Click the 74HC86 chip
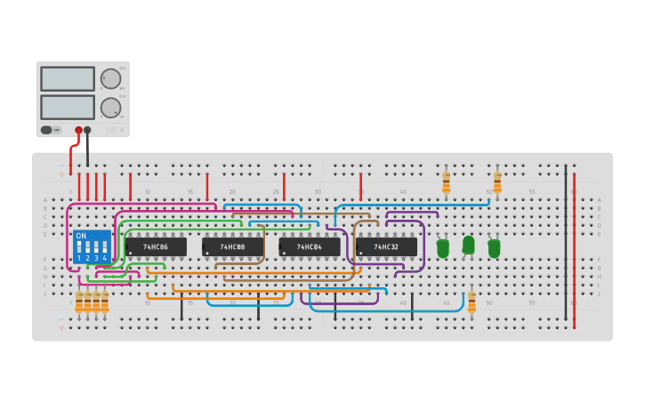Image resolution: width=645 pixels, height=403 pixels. [156, 246]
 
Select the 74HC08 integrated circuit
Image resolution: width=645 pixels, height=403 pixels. [233, 246]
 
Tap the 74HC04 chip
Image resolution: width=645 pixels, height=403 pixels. [310, 246]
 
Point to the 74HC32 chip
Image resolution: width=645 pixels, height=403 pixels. [386, 246]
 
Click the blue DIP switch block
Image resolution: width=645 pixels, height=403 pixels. [93, 246]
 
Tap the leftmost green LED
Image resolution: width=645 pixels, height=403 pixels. [442, 248]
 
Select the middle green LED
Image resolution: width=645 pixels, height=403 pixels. [468, 245]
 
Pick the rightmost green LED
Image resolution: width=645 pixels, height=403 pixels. [494, 248]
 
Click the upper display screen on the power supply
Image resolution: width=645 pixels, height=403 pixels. [67, 78]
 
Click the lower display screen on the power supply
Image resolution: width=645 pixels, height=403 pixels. [67, 107]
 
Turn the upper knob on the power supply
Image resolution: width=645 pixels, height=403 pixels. [110, 78]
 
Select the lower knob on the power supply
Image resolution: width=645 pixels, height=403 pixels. [110, 108]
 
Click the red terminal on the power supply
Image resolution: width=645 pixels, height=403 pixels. [78, 130]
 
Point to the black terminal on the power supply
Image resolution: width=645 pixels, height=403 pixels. [87, 130]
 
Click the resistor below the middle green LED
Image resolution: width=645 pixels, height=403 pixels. [472, 301]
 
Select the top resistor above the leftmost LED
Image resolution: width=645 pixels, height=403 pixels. [446, 182]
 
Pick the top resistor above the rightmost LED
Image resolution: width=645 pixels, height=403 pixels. [497, 182]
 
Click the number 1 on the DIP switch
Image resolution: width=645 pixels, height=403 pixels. [79, 258]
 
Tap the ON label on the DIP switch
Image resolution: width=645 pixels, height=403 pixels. [82, 236]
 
